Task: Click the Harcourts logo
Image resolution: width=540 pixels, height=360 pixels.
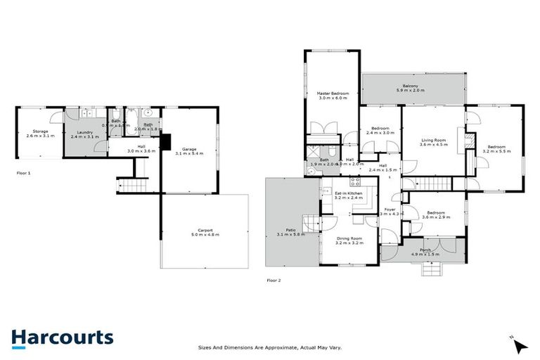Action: click(x=62, y=337)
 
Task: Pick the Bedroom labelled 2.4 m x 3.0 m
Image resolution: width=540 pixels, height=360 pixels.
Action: click(x=380, y=131)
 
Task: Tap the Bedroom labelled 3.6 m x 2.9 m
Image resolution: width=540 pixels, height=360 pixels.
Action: click(x=434, y=214)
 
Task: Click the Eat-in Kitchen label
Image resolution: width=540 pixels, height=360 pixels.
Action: click(x=347, y=195)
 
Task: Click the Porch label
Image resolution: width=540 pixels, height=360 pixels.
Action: click(x=425, y=252)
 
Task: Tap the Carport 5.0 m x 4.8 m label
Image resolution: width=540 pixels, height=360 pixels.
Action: click(x=205, y=232)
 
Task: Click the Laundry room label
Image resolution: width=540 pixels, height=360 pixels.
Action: click(x=84, y=131)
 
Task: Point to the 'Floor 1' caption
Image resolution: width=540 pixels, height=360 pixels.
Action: click(x=24, y=172)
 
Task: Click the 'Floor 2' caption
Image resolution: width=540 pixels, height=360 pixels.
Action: click(x=274, y=280)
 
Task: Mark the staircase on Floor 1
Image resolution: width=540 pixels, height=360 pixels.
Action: click(x=131, y=186)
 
